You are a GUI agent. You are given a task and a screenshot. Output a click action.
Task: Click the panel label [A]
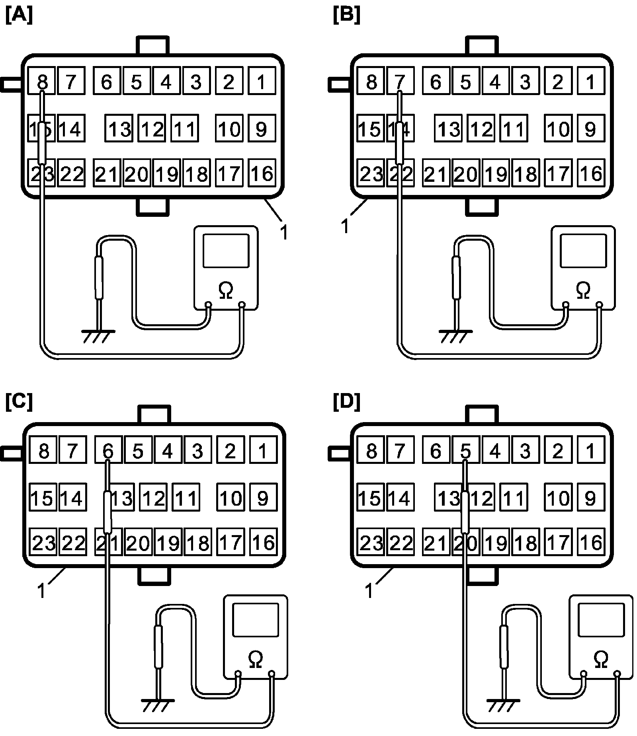[19, 16]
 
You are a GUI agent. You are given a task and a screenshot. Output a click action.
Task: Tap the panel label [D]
[346, 403]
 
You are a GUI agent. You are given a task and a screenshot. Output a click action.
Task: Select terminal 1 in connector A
[262, 82]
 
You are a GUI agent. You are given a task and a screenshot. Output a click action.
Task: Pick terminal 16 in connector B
[591, 173]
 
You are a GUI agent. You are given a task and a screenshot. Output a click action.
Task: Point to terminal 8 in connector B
[371, 82]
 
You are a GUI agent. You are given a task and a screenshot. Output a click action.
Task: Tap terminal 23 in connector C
[43, 542]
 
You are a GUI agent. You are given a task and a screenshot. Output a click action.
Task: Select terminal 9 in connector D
[591, 498]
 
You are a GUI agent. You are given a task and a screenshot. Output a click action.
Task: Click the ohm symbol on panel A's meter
[226, 290]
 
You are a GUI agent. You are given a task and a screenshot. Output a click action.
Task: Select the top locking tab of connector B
[482, 46]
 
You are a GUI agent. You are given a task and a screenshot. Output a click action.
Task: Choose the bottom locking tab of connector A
[153, 207]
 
